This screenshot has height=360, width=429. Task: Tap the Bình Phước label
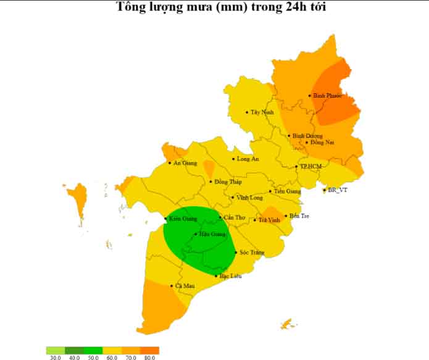point(327,96)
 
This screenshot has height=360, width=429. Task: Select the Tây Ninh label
point(262,112)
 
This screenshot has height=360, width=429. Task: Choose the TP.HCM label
point(310,167)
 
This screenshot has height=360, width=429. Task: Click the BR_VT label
point(337,190)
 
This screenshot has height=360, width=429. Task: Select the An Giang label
point(185,163)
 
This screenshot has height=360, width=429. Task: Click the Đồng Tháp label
point(228,182)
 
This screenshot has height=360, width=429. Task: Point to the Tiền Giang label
point(287,191)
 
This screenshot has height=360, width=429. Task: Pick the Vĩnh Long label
point(249,198)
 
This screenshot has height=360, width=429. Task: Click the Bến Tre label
point(299,216)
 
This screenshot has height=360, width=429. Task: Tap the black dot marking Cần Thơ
point(220,217)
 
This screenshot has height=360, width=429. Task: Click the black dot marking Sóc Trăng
point(236,253)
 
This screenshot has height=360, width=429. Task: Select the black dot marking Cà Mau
point(172,286)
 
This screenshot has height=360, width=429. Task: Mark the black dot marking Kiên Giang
point(165,219)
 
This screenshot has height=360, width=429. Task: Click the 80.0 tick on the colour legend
point(149,357)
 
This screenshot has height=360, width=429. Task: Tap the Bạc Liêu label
point(231,276)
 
